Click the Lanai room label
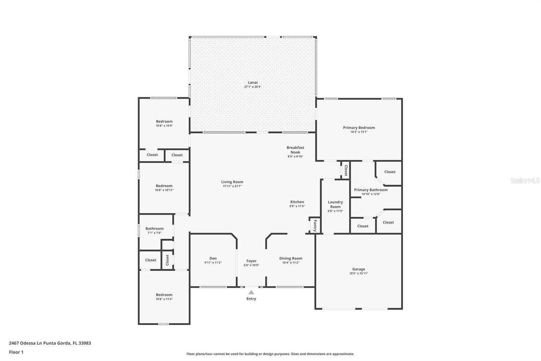pyautogui.click(x=253, y=83)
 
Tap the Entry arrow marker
pyautogui.click(x=251, y=292)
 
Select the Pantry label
pyautogui.click(x=315, y=226)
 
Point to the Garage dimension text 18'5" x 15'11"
pyautogui.click(x=359, y=273)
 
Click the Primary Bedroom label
pyautogui.click(x=359, y=128)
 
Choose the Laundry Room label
pyautogui.click(x=335, y=204)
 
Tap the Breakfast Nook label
pyautogui.click(x=296, y=150)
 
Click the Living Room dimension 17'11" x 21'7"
pyautogui.click(x=232, y=186)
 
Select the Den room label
pyautogui.click(x=213, y=258)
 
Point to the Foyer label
pyautogui.click(x=252, y=261)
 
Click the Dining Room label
pyautogui.click(x=291, y=258)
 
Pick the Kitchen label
pyautogui.click(x=297, y=202)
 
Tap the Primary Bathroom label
pyautogui.click(x=371, y=190)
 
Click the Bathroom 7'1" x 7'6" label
pyautogui.click(x=155, y=230)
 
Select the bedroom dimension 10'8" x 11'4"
pyautogui.click(x=164, y=299)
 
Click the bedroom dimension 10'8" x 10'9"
pyautogui.click(x=164, y=126)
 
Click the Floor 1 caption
pyautogui.click(x=16, y=352)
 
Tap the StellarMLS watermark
pyautogui.click(x=525, y=180)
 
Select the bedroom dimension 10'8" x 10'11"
pyautogui.click(x=164, y=190)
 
